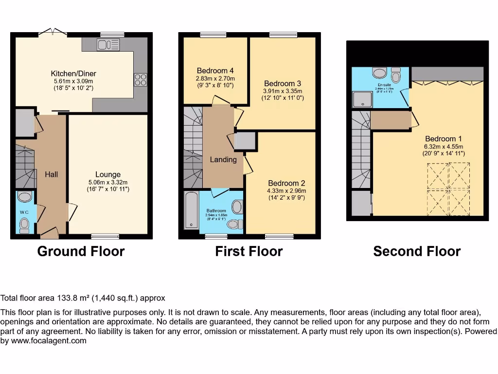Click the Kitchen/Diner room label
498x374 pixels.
(x=73, y=74)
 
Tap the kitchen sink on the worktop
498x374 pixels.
(x=107, y=45)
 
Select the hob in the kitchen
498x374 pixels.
(x=140, y=79)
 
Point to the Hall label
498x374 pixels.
(x=52, y=174)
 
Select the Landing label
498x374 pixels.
(x=223, y=159)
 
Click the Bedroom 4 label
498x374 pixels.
(x=215, y=70)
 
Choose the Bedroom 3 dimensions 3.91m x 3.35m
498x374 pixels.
(x=283, y=91)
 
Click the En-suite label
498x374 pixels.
(x=384, y=85)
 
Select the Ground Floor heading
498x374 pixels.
(x=81, y=251)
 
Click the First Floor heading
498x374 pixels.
(x=249, y=251)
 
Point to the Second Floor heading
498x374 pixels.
(x=417, y=251)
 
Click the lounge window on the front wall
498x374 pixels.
(x=105, y=237)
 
